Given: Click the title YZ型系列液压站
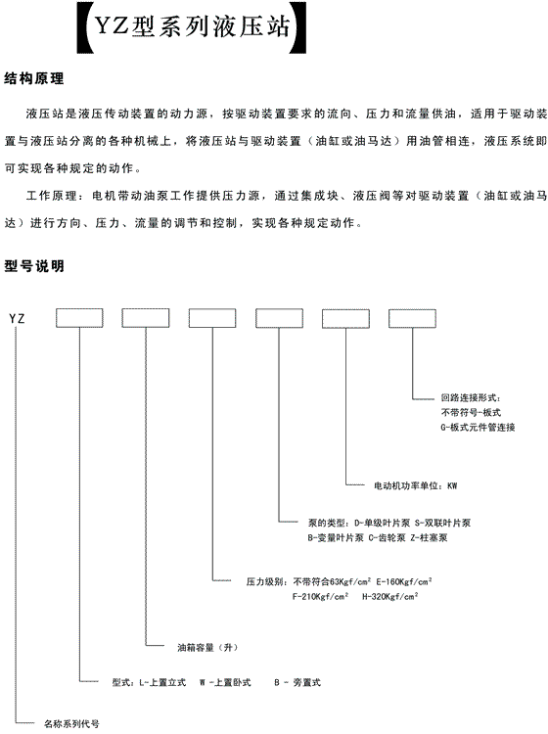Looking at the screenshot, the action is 192,26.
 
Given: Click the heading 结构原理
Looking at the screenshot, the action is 33,78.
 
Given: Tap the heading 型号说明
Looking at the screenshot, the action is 33,266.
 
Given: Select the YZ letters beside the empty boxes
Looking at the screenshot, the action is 17,319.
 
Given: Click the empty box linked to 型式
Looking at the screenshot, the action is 79,318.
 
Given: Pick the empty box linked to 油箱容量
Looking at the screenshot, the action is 146,318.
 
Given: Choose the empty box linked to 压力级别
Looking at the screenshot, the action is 212,318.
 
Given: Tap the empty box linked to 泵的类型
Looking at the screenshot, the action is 279,318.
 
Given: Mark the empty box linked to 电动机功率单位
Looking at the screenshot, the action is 345,318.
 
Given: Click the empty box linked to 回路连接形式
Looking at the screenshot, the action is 412,318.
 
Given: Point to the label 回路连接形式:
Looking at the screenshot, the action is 471,398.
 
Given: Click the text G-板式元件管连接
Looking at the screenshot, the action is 478,428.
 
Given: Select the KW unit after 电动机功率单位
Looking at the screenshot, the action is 452,485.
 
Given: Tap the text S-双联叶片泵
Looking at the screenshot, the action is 442,524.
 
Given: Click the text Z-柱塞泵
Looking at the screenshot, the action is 429,538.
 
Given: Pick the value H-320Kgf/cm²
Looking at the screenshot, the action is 390,596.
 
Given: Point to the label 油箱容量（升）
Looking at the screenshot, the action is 207,648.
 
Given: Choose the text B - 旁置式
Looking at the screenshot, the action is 297,683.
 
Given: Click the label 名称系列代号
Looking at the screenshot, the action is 71,724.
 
